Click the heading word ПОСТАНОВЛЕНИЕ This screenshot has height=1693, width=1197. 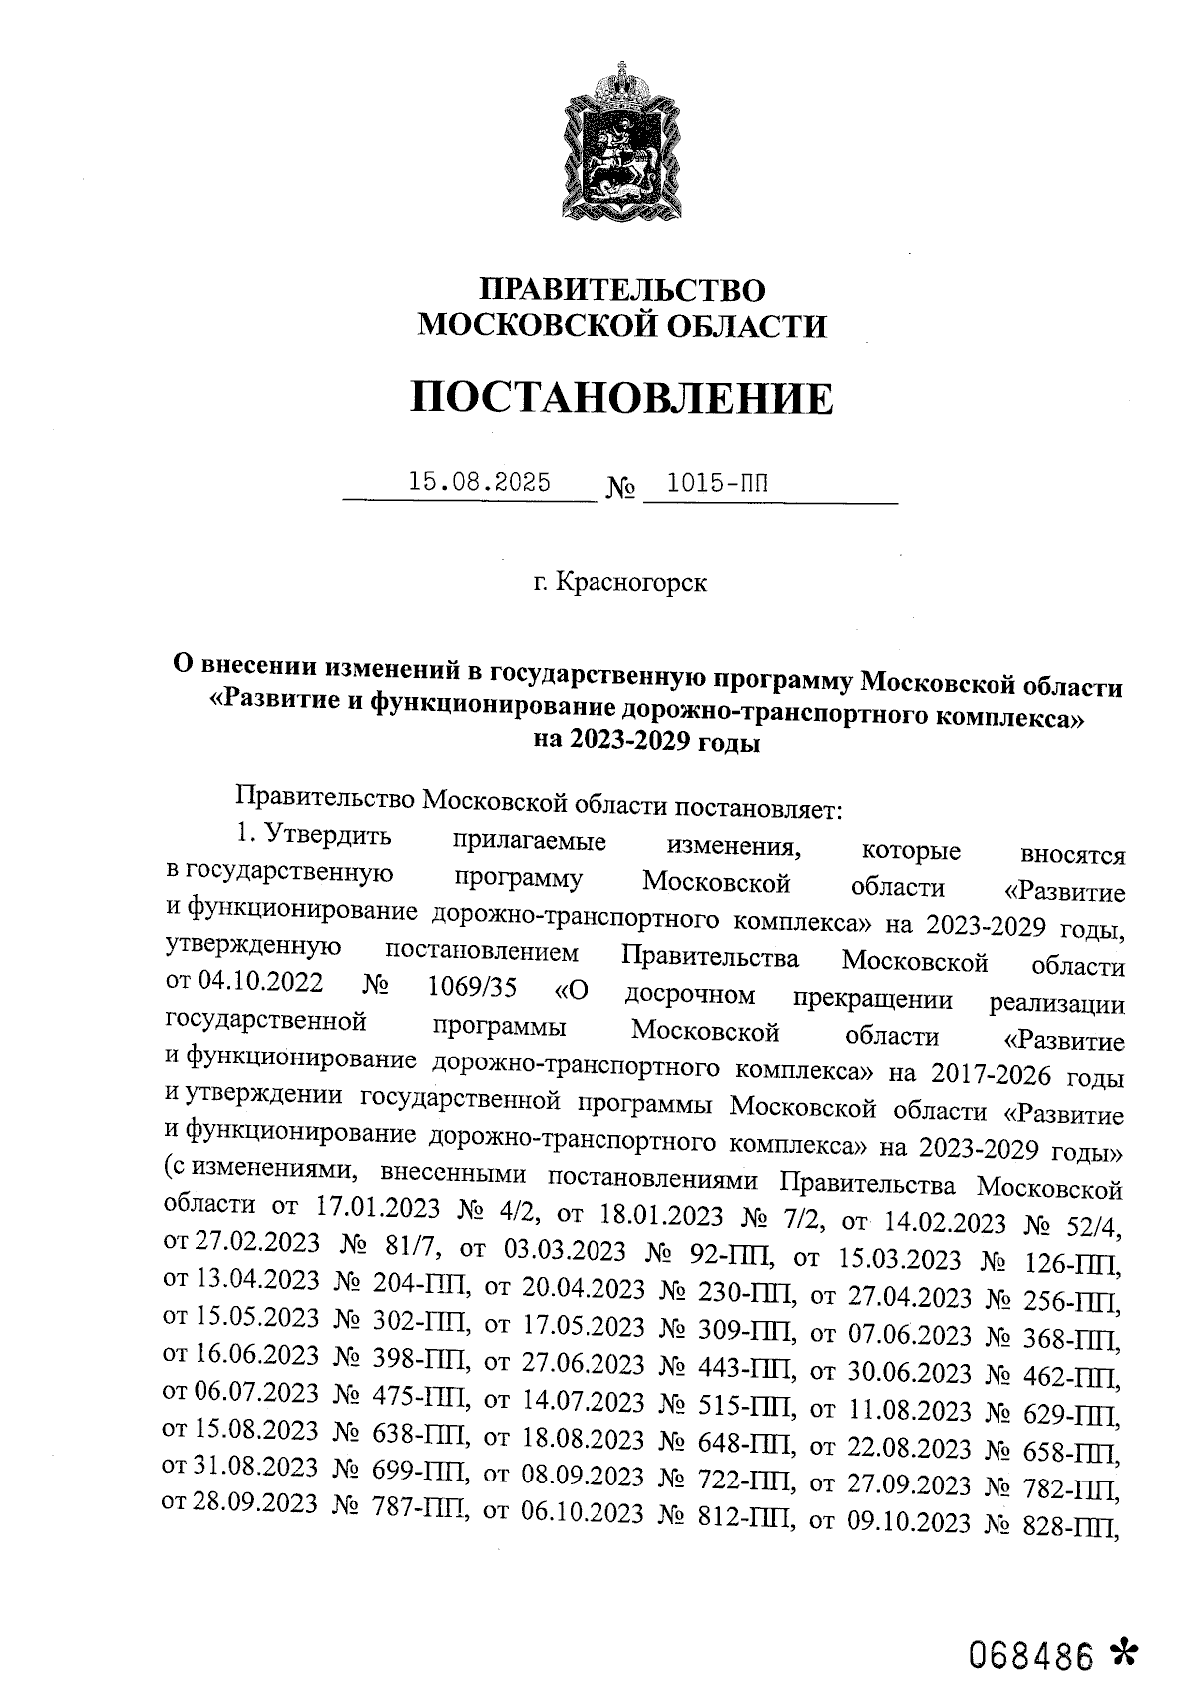tap(620, 398)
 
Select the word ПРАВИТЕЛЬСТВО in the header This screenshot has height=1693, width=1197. tap(622, 290)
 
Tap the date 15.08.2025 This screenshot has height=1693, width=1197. tap(480, 483)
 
